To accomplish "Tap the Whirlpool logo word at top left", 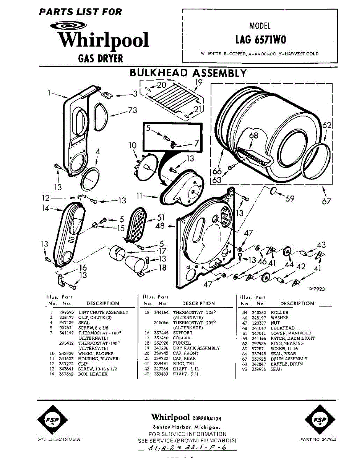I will pos(103,40).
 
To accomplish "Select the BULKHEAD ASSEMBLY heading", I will pos(188,73).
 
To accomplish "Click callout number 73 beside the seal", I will pos(132,111).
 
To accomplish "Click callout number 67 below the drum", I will pos(326,201).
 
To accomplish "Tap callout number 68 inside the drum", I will pos(253,135).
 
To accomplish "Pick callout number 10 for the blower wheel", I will pos(133,145).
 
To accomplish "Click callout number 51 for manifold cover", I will pos(161,218).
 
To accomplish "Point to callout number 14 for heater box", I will pos(46,208).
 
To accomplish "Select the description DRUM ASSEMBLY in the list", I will pos(289,359).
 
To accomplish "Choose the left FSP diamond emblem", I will pos(52,420).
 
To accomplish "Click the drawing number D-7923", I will pos(317,289).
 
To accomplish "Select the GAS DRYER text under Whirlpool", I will pos(101,58).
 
